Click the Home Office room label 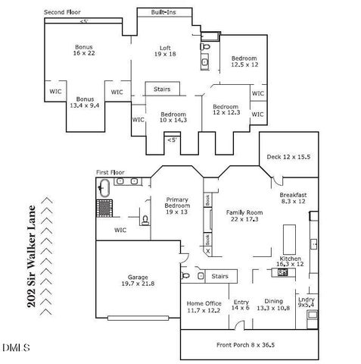[204, 306]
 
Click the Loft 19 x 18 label [165, 50]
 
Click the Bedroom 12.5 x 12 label [244, 62]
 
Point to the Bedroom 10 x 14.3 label [170, 116]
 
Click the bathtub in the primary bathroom [105, 189]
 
